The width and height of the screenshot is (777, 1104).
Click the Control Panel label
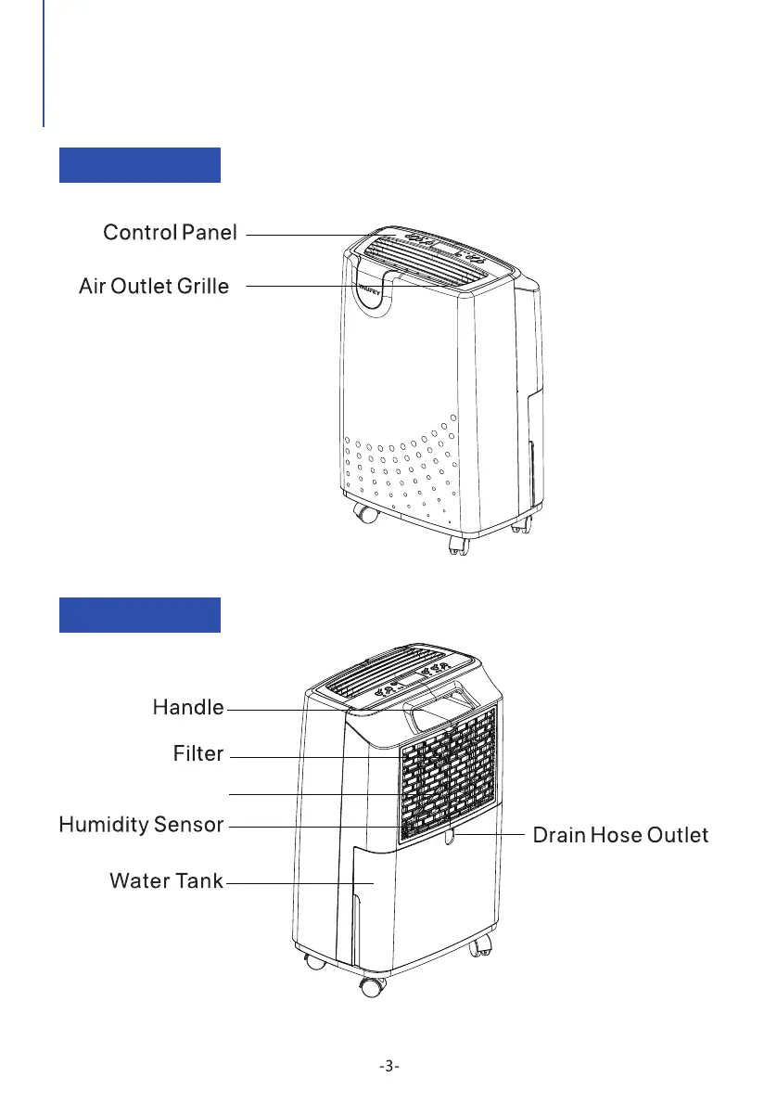click(x=170, y=232)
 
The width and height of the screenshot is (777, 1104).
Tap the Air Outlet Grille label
click(x=154, y=287)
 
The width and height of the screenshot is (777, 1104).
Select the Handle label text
click(x=187, y=708)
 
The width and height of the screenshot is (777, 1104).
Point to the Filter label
click(x=198, y=753)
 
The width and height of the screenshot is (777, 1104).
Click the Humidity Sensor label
click(x=141, y=825)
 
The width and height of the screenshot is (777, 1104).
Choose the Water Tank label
click(x=166, y=880)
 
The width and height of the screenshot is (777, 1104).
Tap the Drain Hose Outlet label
click(x=620, y=835)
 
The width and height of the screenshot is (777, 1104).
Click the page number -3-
click(x=389, y=1066)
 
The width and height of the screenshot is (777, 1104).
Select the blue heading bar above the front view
click(x=140, y=164)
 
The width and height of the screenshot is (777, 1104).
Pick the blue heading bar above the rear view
click(x=140, y=614)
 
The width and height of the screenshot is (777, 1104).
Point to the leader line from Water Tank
click(x=297, y=884)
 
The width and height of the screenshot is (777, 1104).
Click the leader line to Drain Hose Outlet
click(x=491, y=835)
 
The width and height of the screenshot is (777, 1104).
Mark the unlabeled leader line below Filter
click(x=315, y=794)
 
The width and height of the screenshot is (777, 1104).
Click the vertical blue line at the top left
click(x=44, y=63)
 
